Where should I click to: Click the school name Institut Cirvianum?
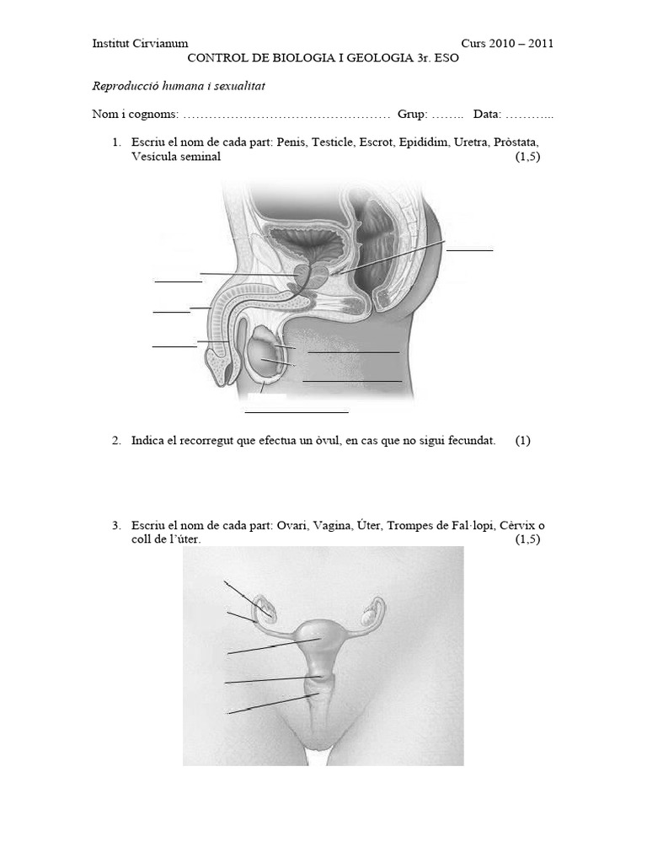pyautogui.click(x=140, y=44)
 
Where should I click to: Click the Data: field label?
pyautogui.click(x=488, y=115)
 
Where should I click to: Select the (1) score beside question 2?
pyautogui.click(x=523, y=441)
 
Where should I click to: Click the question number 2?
pyautogui.click(x=116, y=441)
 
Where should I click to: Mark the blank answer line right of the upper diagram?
pyautogui.click(x=469, y=249)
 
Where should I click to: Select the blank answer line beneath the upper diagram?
pyautogui.click(x=296, y=412)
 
